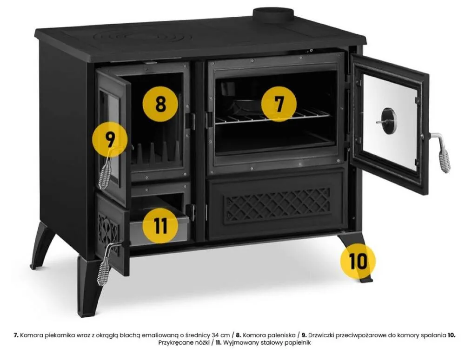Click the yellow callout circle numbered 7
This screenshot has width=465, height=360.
[279, 104]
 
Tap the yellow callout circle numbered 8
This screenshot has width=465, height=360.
[160, 104]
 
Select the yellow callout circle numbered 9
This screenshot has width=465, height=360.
[110, 139]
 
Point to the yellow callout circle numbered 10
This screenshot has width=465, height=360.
[358, 262]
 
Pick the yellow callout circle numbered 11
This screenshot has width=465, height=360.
[160, 226]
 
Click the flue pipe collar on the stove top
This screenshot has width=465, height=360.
[273, 15]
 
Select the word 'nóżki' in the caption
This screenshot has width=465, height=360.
[203, 343]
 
